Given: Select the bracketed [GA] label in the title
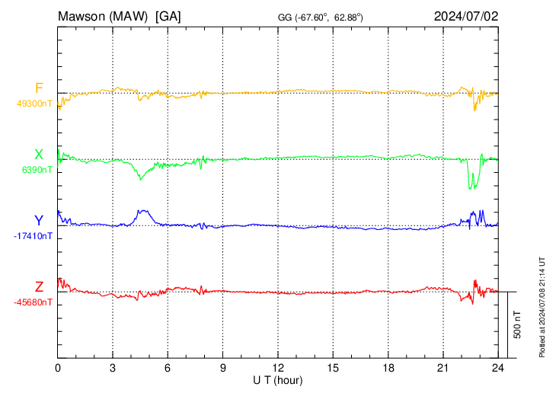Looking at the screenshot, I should (168, 16).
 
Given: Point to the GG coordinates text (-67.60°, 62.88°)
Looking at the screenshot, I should (320, 17).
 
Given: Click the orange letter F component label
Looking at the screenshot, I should (39, 88).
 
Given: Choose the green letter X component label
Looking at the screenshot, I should (39, 155).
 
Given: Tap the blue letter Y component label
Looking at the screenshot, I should (39, 221).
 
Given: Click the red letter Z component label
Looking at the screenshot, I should (39, 286).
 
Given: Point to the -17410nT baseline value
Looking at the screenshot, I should (33, 236).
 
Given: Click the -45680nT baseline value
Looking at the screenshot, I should (33, 302).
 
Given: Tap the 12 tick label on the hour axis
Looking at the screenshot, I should (278, 367).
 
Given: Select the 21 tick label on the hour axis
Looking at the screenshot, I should (443, 367).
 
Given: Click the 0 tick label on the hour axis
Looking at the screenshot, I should (58, 367).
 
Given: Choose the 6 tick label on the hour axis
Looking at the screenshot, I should (168, 367).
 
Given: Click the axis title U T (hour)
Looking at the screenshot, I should (278, 379).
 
